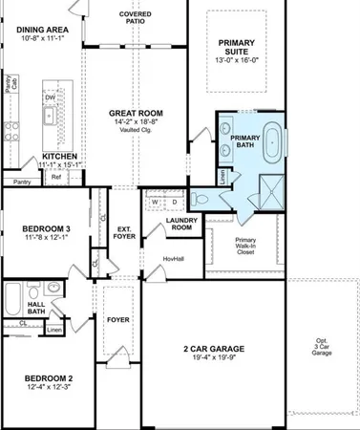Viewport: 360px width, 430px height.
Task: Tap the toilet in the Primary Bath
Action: tap(202, 199)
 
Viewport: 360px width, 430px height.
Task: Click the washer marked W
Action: tap(156, 202)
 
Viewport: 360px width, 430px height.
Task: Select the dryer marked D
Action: tap(175, 202)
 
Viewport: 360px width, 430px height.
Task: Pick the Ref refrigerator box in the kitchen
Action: tap(56, 177)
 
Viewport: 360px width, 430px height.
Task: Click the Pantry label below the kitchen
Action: tap(21, 182)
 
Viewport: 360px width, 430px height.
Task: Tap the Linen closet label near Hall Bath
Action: tap(54, 330)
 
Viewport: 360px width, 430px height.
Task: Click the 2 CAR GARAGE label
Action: tap(212, 349)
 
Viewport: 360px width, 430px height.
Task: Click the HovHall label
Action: tap(173, 258)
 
